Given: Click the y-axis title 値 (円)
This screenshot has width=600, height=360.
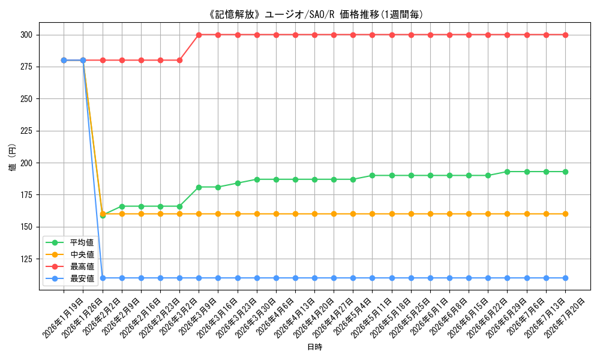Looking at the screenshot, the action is tap(13, 157).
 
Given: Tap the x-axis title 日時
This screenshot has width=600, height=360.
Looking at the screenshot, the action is tap(315, 347).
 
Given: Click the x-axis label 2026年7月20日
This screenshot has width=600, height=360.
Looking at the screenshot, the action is tap(564, 318).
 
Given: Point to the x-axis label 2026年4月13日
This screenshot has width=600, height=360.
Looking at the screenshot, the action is tap(294, 318).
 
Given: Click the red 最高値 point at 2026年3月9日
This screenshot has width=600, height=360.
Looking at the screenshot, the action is tap(199, 35).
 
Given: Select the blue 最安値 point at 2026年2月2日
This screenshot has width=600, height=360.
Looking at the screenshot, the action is tap(103, 278).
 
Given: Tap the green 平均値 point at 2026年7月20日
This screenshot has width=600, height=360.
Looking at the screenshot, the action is tap(566, 172).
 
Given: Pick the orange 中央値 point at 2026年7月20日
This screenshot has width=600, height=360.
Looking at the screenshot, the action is tap(566, 214).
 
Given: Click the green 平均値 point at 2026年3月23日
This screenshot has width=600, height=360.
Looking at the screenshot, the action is tap(238, 183).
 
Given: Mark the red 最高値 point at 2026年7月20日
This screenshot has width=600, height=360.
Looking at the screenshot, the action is tap(566, 35).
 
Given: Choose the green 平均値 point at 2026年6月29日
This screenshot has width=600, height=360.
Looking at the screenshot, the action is tap(508, 172).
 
